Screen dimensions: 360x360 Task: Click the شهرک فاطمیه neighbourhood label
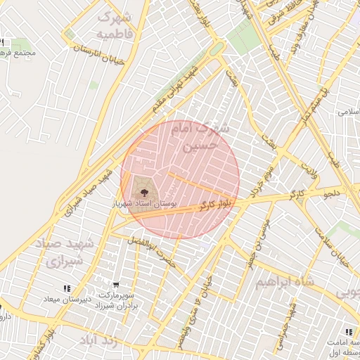[x=117, y=25]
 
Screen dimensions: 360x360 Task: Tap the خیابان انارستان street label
[x=103, y=50]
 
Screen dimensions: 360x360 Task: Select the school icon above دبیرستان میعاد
[x=67, y=288]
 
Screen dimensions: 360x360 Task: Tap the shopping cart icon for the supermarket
[x=105, y=285]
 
